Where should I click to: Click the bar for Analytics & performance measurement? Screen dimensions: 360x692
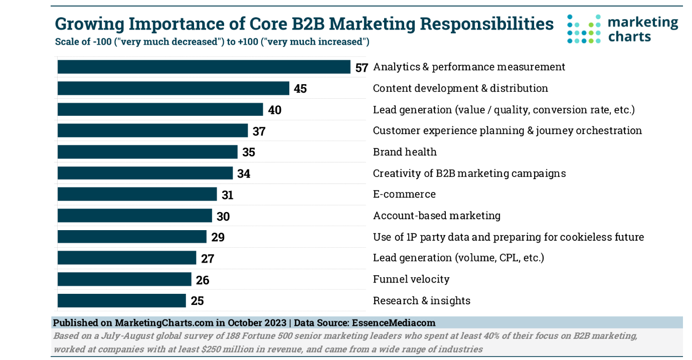[204, 67]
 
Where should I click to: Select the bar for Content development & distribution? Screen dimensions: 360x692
[173, 88]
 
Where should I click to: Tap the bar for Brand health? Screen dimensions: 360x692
[147, 152]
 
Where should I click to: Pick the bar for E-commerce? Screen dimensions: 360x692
[137, 195]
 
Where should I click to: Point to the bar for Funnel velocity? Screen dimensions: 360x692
[124, 279]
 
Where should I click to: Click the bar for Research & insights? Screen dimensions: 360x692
[121, 301]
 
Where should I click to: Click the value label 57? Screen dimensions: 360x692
[362, 68]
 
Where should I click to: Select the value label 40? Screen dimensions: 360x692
[275, 110]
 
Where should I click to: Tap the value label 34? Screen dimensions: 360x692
[244, 174]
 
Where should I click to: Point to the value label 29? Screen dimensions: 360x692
[218, 238]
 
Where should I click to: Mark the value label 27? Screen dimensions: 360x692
[208, 259]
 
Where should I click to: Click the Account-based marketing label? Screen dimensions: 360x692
[436, 216]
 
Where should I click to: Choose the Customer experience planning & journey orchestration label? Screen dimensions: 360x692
[507, 131]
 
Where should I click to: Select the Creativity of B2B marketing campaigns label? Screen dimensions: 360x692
[469, 173]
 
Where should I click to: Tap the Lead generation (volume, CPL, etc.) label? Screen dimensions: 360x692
[458, 258]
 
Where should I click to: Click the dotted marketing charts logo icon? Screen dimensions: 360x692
[584, 29]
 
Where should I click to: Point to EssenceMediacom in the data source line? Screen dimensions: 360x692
[394, 323]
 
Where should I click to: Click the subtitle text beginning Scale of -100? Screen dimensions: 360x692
[212, 42]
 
